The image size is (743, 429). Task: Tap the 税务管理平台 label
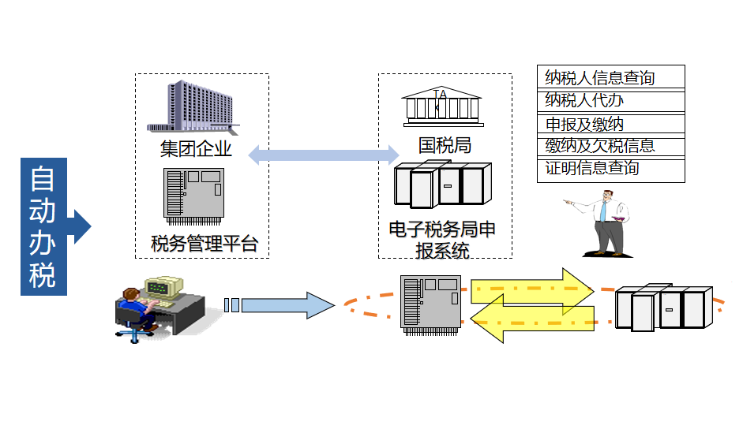205,243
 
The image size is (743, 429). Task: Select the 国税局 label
445,146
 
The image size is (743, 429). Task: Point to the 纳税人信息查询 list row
610,77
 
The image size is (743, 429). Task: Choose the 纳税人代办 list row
610,100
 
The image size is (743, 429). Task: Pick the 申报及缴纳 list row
610,124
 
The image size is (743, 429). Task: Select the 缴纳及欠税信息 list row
610,147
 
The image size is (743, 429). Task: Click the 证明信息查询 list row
610,169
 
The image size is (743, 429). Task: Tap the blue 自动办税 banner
44,226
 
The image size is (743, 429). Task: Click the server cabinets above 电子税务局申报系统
442,188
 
